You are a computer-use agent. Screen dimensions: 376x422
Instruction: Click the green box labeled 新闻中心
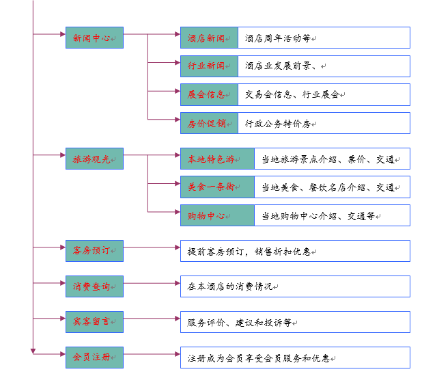tap(94, 38)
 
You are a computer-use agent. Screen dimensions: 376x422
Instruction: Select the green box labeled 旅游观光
tap(94, 159)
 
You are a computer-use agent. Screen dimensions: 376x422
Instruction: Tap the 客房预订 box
tap(94, 250)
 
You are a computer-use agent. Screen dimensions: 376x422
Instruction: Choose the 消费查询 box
tap(94, 286)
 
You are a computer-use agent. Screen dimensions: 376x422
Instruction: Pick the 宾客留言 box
tap(94, 321)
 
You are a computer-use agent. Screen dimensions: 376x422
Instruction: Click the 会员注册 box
tap(94, 357)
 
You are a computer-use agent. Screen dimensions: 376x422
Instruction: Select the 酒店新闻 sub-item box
tap(209, 38)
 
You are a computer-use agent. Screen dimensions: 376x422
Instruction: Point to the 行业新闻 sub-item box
tap(209, 66)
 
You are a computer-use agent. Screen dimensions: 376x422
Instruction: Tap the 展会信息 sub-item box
tap(209, 94)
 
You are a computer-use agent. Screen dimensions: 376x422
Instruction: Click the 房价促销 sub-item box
tap(209, 123)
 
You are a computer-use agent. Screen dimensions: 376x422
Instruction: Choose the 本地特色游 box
tap(216, 159)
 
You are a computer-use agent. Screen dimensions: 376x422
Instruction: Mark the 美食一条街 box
tap(216, 187)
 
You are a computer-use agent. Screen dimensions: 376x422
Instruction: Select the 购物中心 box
tap(216, 215)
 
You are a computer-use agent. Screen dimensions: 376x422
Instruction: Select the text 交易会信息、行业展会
tap(292, 95)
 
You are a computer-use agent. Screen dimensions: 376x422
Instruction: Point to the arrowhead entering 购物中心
tap(176, 215)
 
